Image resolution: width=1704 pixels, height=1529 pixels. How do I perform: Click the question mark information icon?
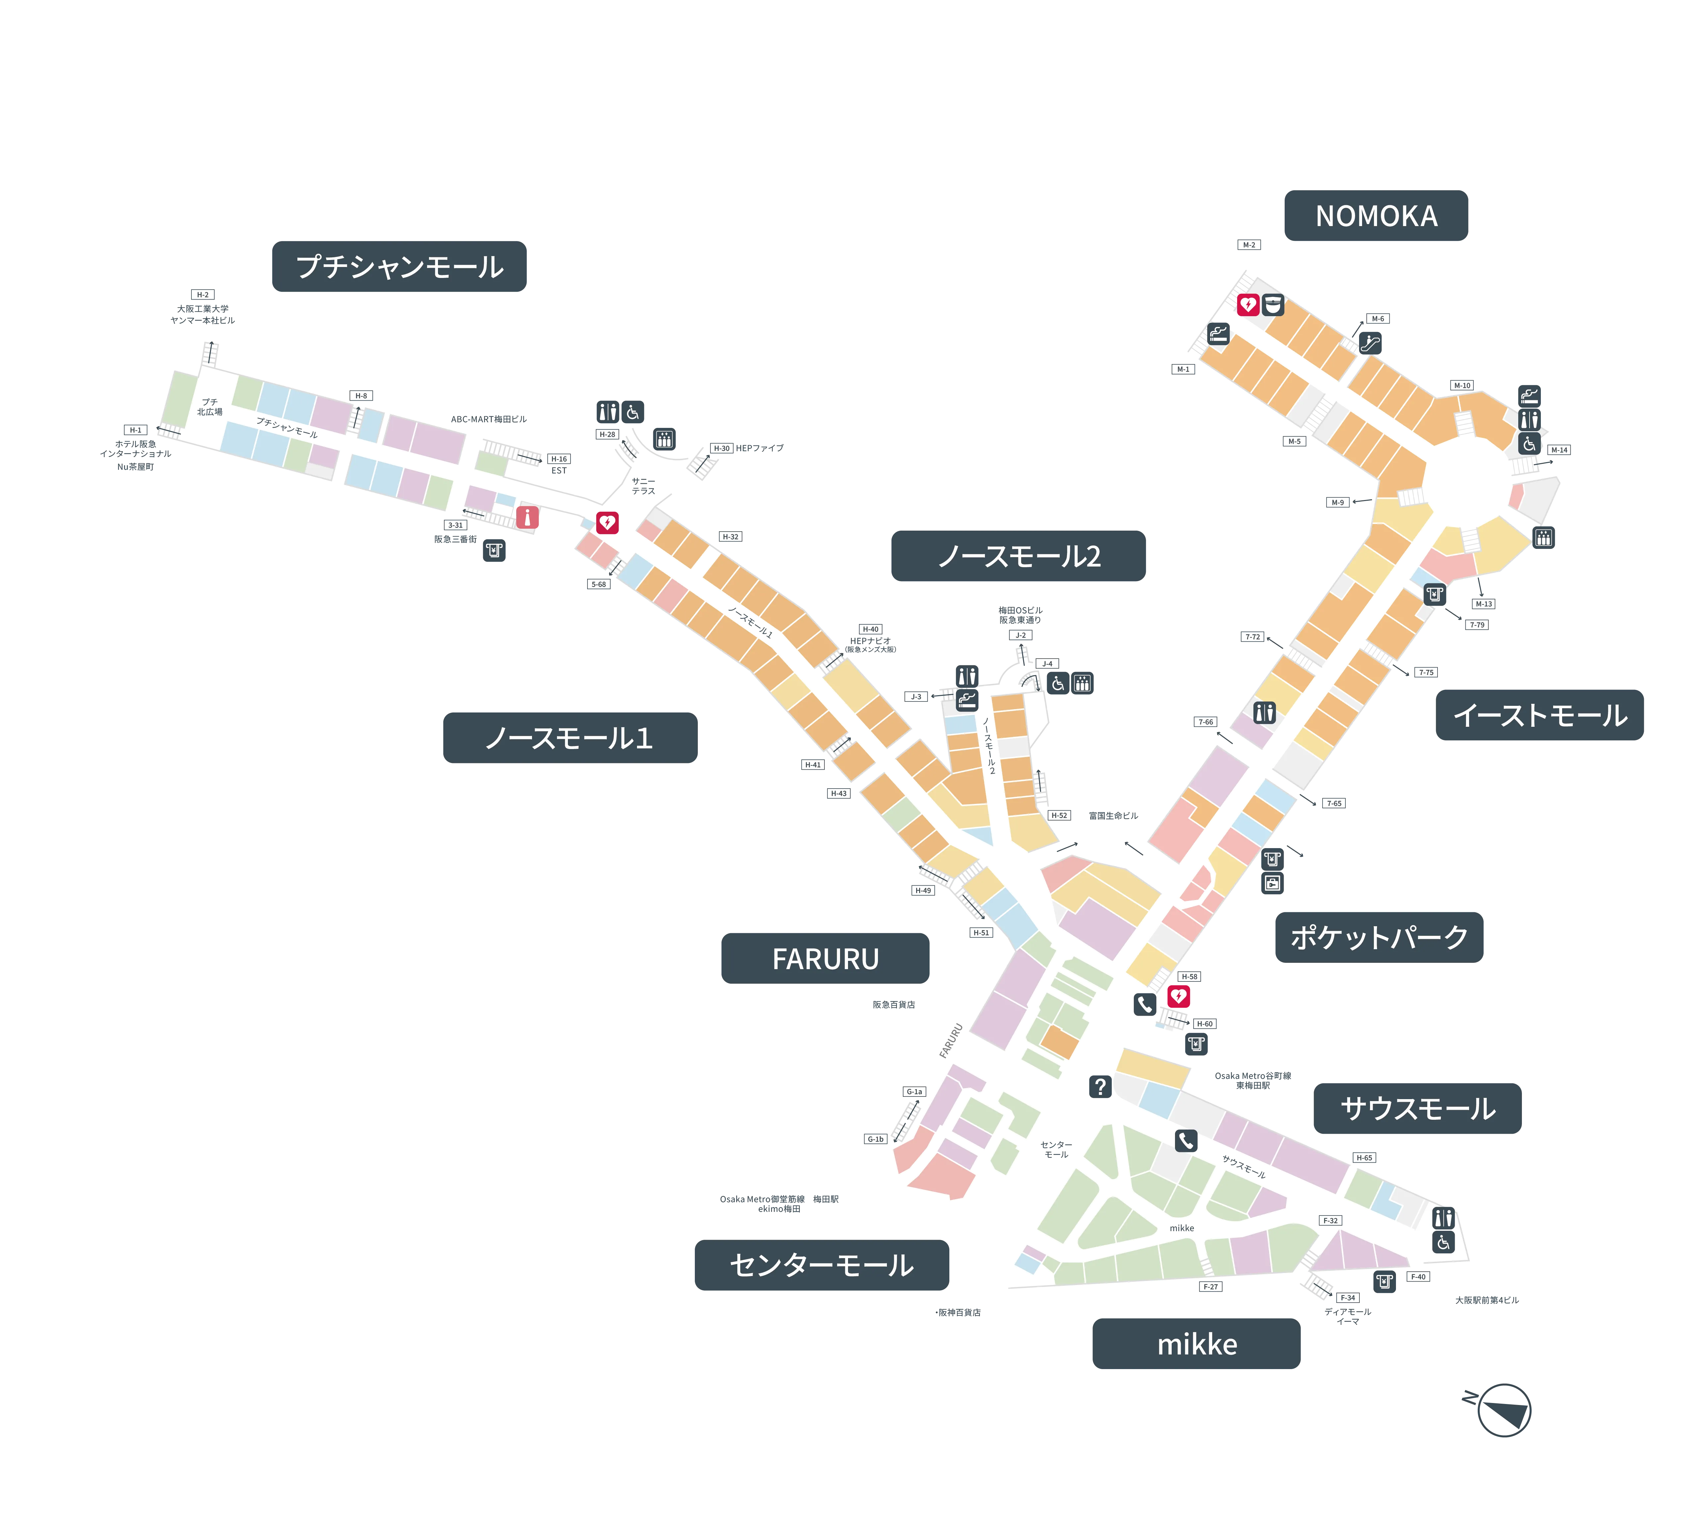coord(1099,1086)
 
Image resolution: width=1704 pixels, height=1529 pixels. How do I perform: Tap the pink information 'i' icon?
coord(527,518)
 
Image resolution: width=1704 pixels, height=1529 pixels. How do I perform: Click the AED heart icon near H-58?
coord(1178,996)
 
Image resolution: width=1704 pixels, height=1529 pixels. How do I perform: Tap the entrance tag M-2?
coord(1249,244)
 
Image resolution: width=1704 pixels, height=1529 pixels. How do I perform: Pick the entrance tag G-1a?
coord(914,1091)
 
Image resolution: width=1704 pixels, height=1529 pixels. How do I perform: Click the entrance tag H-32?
coord(731,536)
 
